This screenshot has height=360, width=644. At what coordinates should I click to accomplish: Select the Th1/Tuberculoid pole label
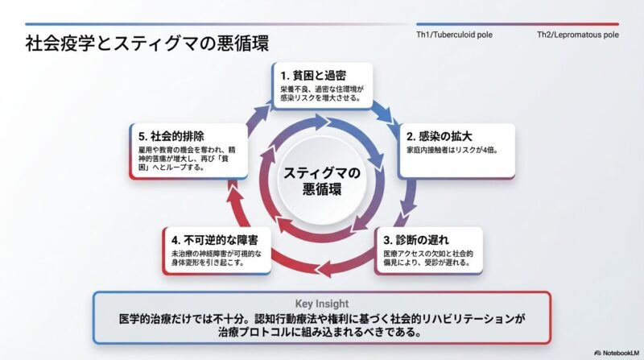pyautogui.click(x=454, y=35)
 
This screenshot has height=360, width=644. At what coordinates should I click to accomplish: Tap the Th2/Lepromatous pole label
pyautogui.click(x=578, y=35)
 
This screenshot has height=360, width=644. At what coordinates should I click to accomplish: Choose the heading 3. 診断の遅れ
pyautogui.click(x=417, y=240)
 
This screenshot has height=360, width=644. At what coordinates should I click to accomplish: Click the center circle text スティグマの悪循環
pyautogui.click(x=321, y=180)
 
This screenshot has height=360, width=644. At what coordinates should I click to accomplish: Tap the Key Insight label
pyautogui.click(x=321, y=304)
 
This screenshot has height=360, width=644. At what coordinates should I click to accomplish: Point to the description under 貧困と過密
pyautogui.click(x=321, y=93)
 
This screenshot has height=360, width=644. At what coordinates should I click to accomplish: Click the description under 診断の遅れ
pyautogui.click(x=427, y=259)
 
